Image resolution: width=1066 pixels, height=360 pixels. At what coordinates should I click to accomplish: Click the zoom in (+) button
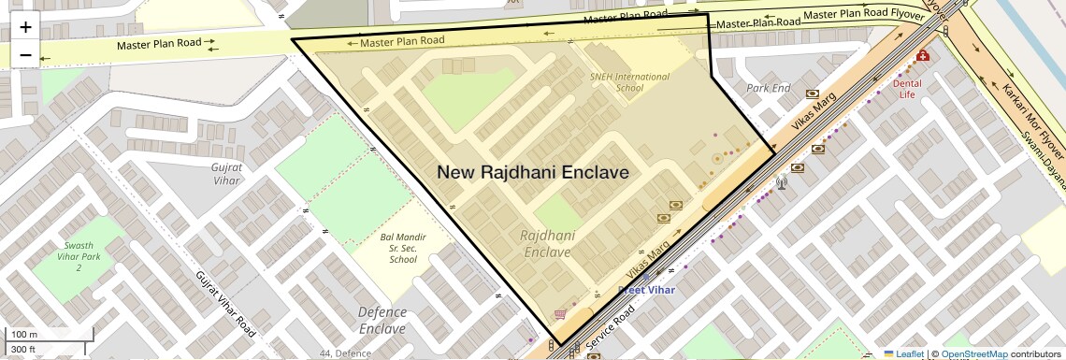pos(25,27)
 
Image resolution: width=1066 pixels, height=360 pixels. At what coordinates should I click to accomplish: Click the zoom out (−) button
pos(25,55)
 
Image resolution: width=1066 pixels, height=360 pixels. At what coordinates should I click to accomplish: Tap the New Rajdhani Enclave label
pos(533,173)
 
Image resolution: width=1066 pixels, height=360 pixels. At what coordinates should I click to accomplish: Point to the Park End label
pos(768,88)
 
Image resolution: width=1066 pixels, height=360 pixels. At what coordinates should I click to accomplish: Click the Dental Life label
pos(907,89)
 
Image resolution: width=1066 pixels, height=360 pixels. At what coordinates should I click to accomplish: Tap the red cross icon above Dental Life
pos(923,56)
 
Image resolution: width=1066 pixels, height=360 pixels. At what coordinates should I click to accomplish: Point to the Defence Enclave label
pos(382,320)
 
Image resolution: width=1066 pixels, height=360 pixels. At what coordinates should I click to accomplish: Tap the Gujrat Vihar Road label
pos(225,303)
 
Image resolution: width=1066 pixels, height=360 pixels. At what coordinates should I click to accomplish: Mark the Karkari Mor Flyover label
pos(1033,125)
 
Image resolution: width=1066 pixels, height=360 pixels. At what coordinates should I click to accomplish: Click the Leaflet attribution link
pos(904,354)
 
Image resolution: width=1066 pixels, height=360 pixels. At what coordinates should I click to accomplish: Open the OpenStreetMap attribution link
pos(973,354)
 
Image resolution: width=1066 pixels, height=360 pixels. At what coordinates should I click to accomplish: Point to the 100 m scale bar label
pos(25,335)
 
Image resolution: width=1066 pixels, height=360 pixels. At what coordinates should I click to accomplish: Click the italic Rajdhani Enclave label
pos(548,244)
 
